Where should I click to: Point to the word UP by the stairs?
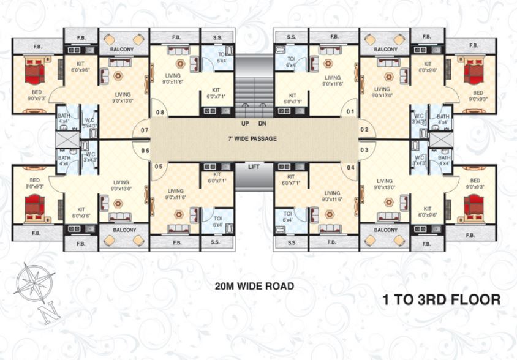click(245, 123)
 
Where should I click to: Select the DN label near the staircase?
click(262, 123)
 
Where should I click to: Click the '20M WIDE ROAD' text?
click(254, 285)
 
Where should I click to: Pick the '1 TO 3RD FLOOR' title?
click(442, 300)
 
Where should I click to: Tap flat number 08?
click(160, 113)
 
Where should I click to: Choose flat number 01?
click(351, 112)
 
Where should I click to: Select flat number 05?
click(159, 167)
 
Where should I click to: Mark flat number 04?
click(351, 167)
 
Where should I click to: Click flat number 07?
click(145, 130)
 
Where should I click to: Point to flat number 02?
click(364, 130)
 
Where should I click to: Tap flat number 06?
click(145, 151)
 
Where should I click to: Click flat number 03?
click(364, 150)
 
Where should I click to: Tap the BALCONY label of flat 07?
click(123, 49)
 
